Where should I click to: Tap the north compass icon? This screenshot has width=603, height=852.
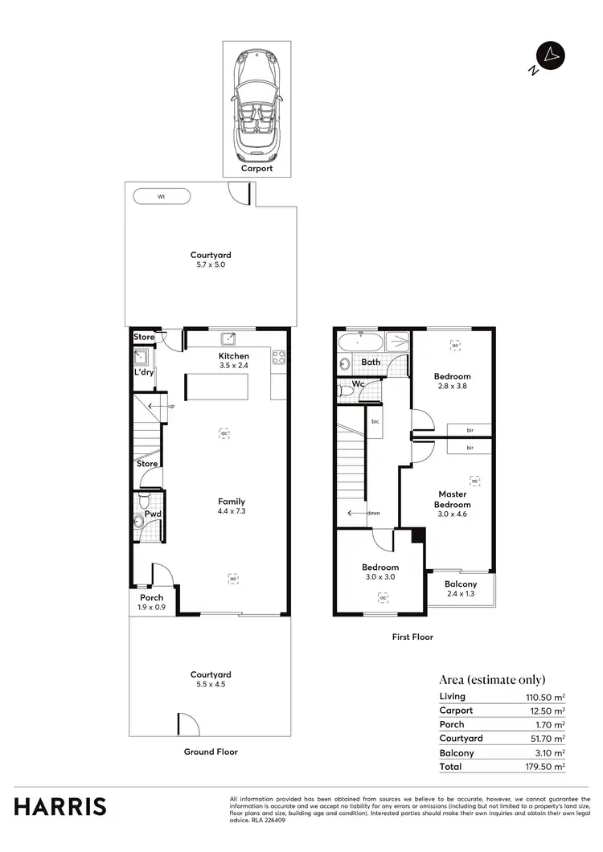tap(551, 55)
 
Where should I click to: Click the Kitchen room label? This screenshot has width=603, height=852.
tap(234, 356)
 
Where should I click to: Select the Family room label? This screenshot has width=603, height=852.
tap(231, 502)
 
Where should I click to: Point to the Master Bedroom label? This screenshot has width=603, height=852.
tap(452, 499)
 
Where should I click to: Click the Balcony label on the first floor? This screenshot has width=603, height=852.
tap(461, 584)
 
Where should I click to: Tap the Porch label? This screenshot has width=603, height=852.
tap(151, 597)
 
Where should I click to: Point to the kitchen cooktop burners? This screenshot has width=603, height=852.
tap(278, 357)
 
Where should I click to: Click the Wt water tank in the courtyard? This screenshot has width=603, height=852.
tap(162, 195)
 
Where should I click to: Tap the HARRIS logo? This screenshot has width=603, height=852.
tap(59, 806)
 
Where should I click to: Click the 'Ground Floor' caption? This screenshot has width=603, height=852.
tap(210, 752)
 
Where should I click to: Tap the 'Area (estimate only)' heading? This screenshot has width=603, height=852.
tap(492, 679)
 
